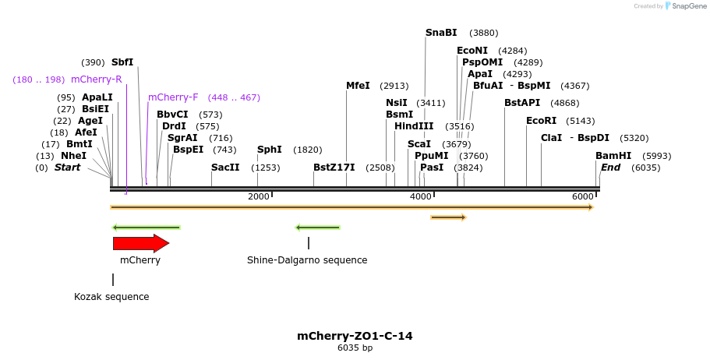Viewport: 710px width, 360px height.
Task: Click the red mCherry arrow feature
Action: pyautogui.click(x=140, y=243)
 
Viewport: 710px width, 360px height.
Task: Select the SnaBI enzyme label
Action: pyautogui.click(x=441, y=33)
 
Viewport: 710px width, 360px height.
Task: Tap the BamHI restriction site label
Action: pyautogui.click(x=613, y=156)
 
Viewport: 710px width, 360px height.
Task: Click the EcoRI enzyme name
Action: pyautogui.click(x=542, y=121)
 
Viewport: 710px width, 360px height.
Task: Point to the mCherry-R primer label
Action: pyautogui.click(x=96, y=79)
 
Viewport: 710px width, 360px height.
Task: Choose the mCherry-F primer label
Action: pyautogui.click(x=173, y=97)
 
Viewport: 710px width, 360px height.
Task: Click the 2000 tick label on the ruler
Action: pyautogui.click(x=259, y=196)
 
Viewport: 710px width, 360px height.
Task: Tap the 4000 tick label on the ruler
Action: pyautogui.click(x=421, y=196)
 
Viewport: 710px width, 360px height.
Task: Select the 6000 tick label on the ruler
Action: pyautogui.click(x=583, y=196)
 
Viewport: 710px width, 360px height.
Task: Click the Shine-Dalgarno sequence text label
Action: pyautogui.click(x=307, y=260)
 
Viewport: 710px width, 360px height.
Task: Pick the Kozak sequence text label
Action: pyautogui.click(x=111, y=297)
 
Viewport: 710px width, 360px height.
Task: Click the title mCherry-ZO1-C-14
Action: pyautogui.click(x=355, y=336)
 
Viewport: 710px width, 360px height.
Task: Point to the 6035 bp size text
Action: pyautogui.click(x=355, y=348)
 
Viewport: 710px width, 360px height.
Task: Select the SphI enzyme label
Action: pyautogui.click(x=270, y=150)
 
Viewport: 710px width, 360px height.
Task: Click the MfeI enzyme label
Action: pyautogui.click(x=358, y=86)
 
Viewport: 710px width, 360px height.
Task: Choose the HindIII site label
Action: pyautogui.click(x=414, y=126)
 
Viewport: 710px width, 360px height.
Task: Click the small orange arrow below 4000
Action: pyautogui.click(x=448, y=217)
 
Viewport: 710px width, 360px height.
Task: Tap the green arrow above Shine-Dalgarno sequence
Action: pyautogui.click(x=317, y=228)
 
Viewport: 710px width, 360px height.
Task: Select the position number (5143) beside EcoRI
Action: pyautogui.click(x=581, y=121)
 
